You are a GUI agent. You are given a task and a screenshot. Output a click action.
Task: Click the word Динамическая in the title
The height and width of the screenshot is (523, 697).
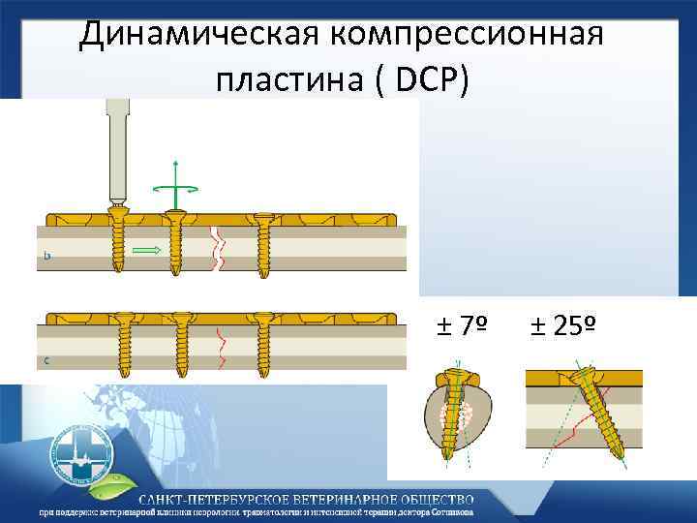(198, 36)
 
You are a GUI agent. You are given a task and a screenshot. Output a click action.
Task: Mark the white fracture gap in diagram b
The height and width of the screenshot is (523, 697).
(218, 249)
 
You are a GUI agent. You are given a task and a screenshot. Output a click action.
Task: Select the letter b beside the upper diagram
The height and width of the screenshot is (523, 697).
(48, 259)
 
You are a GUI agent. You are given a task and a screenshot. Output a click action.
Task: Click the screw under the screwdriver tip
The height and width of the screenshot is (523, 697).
(119, 242)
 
